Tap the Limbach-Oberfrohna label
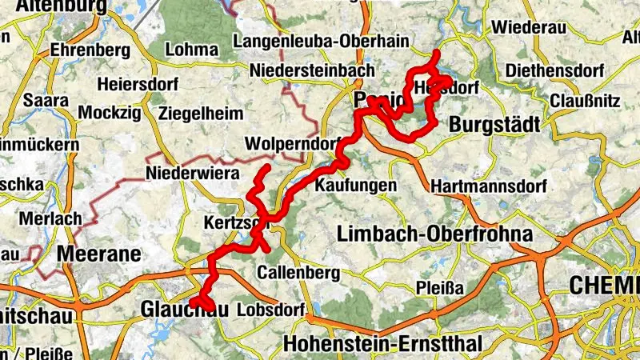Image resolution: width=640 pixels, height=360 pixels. click(435, 234)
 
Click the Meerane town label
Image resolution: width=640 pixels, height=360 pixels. click(99, 255)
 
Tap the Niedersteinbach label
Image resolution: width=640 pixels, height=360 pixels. click(312, 70)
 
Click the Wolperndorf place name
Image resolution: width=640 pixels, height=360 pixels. click(289, 145)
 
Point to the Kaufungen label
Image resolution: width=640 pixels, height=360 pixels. click(356, 185)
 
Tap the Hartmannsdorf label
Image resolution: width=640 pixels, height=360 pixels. click(488, 186)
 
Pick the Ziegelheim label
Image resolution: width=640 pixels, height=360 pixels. click(201, 114)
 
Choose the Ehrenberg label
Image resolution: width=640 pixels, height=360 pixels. click(90, 50)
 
